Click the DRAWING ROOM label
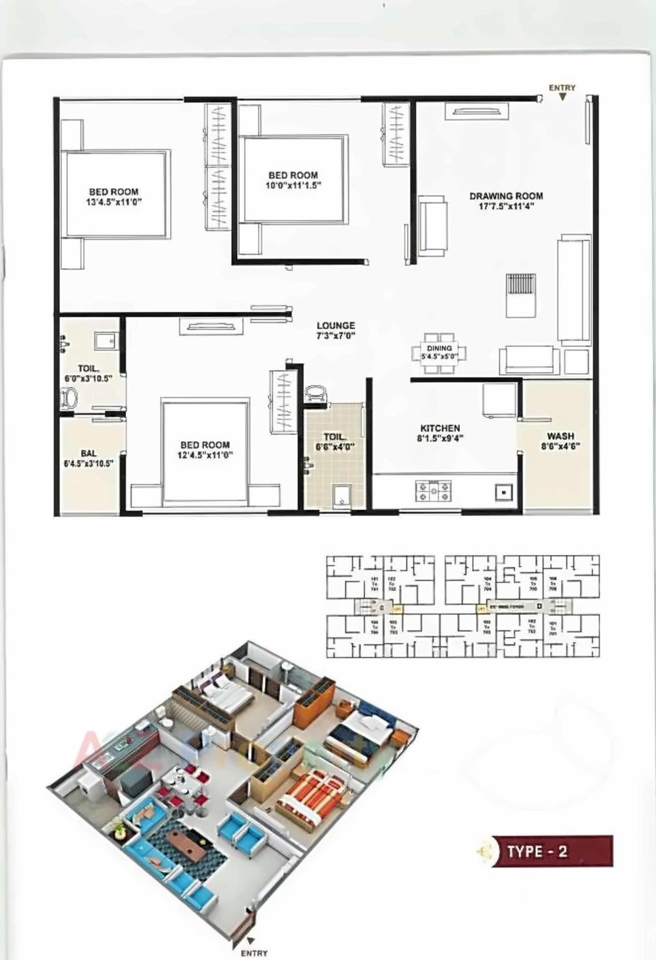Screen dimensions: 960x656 pos(506,196)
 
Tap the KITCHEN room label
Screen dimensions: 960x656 pos(440,428)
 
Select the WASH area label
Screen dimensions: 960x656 pos(561,436)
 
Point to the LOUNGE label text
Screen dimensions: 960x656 pos(336,326)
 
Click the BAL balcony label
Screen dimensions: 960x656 pos(88,453)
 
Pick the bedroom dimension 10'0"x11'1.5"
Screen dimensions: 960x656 pos(294,185)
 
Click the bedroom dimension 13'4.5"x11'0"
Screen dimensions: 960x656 pos(114,201)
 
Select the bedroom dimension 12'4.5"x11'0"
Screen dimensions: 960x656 pos(205,455)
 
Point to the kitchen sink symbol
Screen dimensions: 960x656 pos(504,492)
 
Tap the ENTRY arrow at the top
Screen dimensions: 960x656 pos(562,96)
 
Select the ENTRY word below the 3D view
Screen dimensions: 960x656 pos(254,953)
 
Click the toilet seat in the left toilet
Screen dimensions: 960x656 pos(68,396)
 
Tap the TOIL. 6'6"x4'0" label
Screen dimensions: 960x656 pos(335,442)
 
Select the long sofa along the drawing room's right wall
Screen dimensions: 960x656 pos(574,291)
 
